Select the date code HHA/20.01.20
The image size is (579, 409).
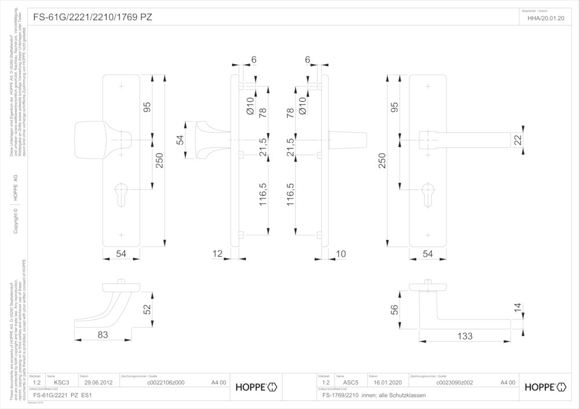(545, 18)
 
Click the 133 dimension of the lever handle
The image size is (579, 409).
(464, 336)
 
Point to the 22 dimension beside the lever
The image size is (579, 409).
(518, 140)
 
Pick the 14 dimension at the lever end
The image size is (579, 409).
(518, 308)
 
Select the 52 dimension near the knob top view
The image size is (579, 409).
(147, 309)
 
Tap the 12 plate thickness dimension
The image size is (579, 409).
(218, 254)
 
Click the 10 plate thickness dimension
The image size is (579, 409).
(340, 254)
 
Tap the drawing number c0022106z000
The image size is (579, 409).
(166, 382)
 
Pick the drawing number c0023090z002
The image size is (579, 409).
(455, 382)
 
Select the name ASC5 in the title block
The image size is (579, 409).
(351, 382)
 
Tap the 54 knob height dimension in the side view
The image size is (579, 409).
(180, 139)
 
